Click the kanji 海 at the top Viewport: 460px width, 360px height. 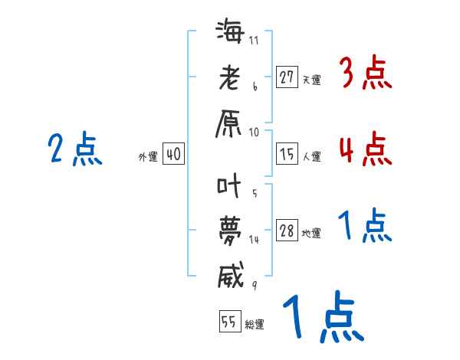(231, 34)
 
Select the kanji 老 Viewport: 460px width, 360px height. (231, 78)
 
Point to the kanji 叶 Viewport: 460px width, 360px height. (231, 186)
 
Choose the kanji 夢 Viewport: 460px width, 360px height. (231, 231)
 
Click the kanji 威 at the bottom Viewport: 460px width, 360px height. (231, 275)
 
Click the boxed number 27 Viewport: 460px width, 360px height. (287, 77)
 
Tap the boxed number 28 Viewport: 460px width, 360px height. (287, 231)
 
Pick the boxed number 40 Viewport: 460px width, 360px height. (173, 155)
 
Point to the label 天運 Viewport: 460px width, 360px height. (310, 79)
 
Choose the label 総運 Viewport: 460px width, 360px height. (254, 324)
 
